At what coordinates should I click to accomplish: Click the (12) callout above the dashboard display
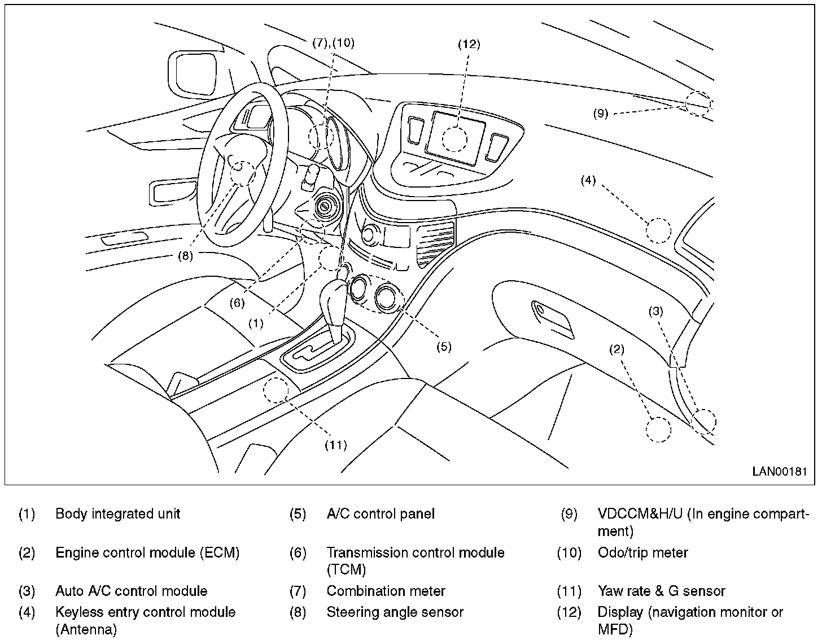coord(469,44)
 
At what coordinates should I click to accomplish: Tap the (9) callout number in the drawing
coord(600,113)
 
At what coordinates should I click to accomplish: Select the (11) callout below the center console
coord(336,445)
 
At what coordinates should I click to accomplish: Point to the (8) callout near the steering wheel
coord(185,256)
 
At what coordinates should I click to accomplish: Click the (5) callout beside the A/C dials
coord(444,347)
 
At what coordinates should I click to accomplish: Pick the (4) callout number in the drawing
coord(588,180)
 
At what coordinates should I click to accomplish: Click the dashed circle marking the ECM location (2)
coord(658,429)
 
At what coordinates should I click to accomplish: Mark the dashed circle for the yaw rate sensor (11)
coord(276,390)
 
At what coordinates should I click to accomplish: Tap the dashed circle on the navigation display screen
coord(454,139)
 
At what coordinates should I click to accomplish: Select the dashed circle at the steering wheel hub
coord(242,173)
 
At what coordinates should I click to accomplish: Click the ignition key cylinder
coord(324,207)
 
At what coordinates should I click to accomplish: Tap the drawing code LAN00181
coord(779,471)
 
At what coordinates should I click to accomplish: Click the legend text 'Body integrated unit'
coord(117,514)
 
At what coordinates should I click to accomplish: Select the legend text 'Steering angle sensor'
coord(395,612)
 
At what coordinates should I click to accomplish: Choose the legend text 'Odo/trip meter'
coord(642,552)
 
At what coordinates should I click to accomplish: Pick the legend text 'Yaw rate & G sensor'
coord(661,591)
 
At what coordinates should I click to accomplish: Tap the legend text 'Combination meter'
coord(386,591)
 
